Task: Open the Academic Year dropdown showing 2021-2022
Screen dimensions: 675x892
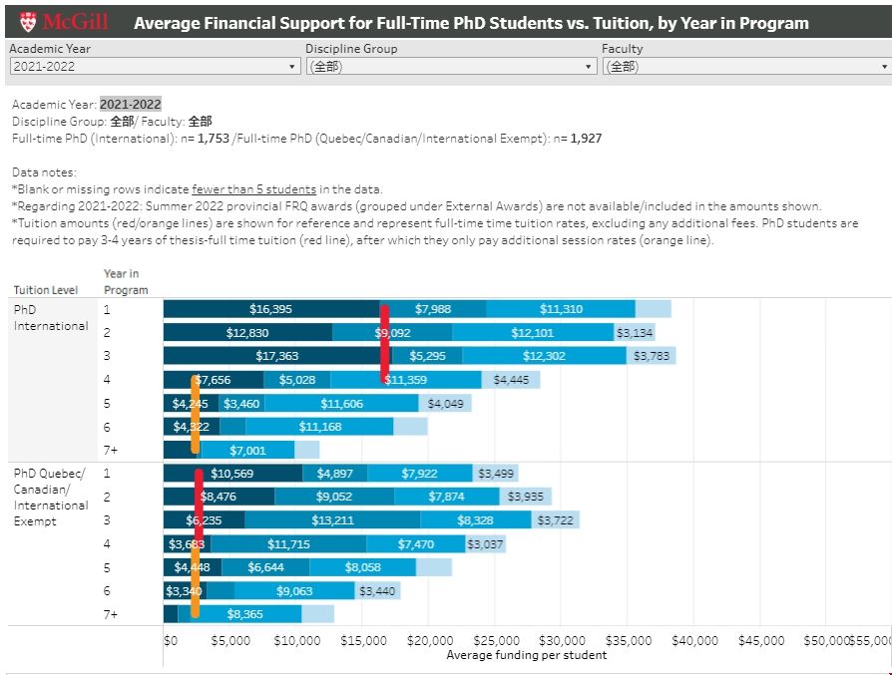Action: coord(154,67)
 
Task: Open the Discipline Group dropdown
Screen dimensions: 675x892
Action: coord(450,67)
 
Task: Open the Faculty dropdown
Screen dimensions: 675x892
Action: coord(745,67)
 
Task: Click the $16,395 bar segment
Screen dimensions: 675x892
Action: coord(270,309)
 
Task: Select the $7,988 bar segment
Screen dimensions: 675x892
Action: coord(433,309)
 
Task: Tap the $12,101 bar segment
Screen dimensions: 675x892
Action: coord(532,333)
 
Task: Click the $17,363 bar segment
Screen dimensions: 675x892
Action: coord(276,356)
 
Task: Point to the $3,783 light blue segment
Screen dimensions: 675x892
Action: coord(647,356)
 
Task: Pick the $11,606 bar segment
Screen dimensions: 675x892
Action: coord(341,404)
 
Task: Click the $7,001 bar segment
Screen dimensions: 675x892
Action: coord(246,451)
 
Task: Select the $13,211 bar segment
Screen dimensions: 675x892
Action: coord(332,520)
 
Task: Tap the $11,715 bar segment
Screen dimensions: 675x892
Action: coord(288,544)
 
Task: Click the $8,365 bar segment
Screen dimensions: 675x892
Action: coord(244,614)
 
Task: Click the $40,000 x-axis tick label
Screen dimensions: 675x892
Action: coord(694,641)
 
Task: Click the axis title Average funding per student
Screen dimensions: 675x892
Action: coord(526,655)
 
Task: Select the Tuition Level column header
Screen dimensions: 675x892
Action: coord(46,290)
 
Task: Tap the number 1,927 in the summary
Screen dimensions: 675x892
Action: coord(586,139)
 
